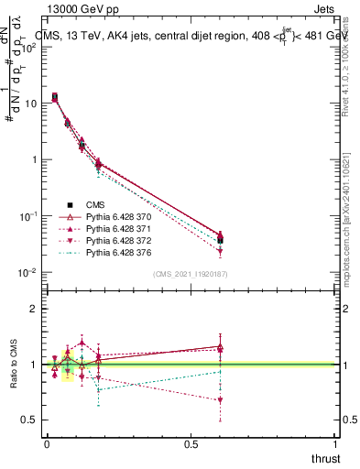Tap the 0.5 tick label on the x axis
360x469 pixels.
(x=191, y=444)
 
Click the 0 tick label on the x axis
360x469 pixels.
(x=47, y=444)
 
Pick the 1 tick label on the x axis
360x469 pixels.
(x=336, y=444)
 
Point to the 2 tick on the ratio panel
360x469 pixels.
(x=34, y=309)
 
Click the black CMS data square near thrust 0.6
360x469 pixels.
(x=220, y=240)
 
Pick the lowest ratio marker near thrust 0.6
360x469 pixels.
(x=220, y=399)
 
